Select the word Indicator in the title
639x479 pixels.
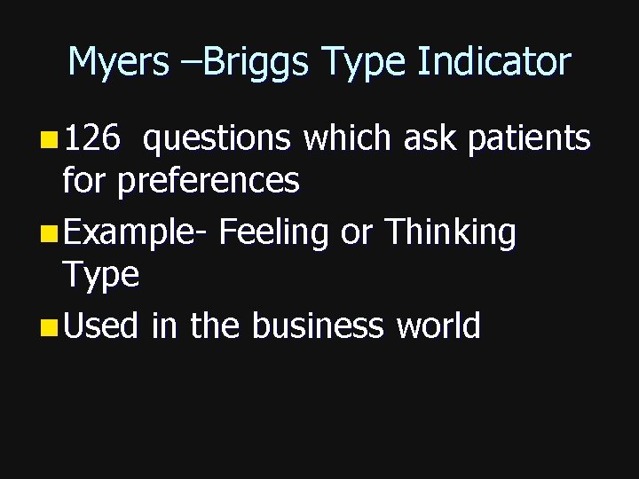[x=494, y=62]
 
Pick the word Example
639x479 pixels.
[x=133, y=233]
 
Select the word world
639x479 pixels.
[x=438, y=326]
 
